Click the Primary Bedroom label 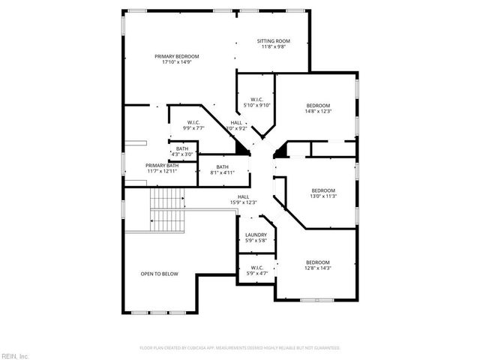click(x=177, y=57)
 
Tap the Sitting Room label click(x=274, y=40)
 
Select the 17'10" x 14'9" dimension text click(x=177, y=62)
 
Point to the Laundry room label click(x=256, y=235)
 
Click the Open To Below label click(x=158, y=274)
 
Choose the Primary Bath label click(x=161, y=166)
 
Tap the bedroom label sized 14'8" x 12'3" click(x=319, y=106)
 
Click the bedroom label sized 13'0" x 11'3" click(x=323, y=190)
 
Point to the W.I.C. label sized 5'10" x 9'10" click(x=256, y=100)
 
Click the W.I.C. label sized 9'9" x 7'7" click(x=193, y=124)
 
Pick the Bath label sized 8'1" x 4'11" click(x=223, y=166)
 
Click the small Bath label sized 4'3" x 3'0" click(x=182, y=148)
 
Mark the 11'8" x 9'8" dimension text click(x=274, y=46)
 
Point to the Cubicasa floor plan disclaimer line click(x=240, y=348)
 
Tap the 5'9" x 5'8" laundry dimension click(x=256, y=241)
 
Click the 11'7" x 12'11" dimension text click(x=161, y=171)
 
